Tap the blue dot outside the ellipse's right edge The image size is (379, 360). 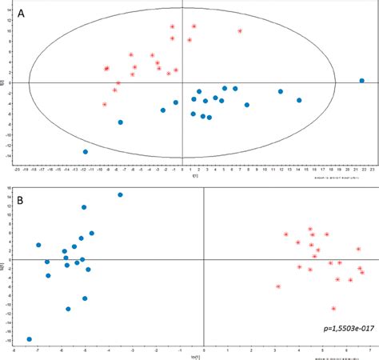[x=361, y=81]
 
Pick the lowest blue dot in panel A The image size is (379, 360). [x=86, y=152]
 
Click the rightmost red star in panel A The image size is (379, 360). [x=240, y=31]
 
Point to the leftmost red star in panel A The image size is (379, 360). [x=104, y=105]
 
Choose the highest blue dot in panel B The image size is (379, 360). [x=120, y=194]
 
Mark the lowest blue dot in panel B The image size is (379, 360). [x=30, y=339]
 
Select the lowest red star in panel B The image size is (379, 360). [x=333, y=308]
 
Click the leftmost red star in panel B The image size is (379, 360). [x=277, y=286]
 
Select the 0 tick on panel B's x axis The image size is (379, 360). [x=204, y=350]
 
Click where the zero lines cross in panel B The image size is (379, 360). [x=204, y=260]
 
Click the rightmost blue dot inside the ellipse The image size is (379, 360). [x=299, y=100]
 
